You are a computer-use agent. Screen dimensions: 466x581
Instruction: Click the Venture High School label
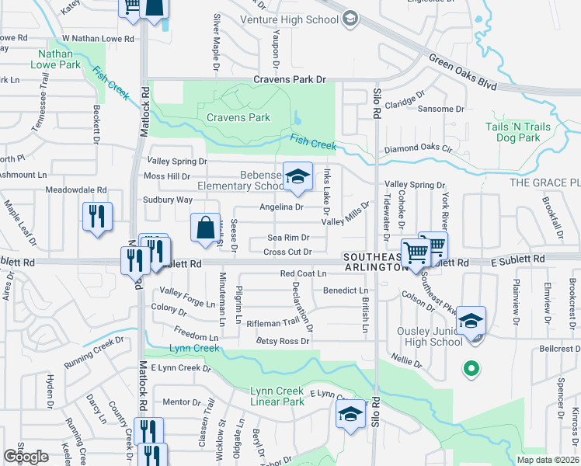289,19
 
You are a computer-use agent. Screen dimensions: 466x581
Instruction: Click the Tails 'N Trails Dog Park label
518,132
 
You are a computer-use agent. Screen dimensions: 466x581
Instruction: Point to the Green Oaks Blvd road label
461,71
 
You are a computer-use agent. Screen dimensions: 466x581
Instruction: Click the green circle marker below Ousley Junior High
469,369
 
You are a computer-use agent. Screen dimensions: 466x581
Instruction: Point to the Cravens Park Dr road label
291,79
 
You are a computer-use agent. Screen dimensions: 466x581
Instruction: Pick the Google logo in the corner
25,456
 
